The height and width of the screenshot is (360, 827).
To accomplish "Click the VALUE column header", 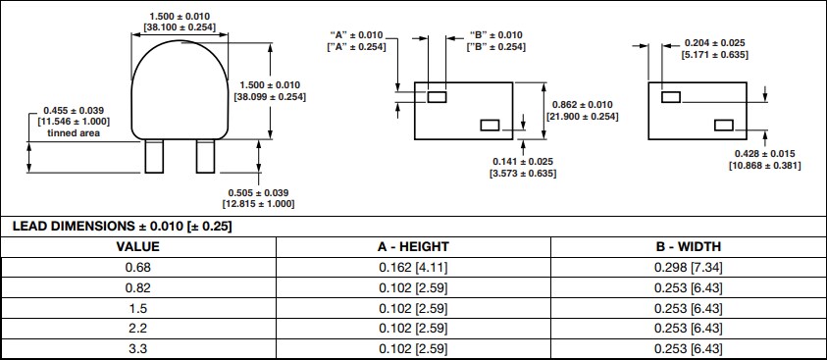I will (x=137, y=246).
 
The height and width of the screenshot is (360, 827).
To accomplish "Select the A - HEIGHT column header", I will (x=412, y=246).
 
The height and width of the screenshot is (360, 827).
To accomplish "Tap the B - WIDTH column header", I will (x=688, y=246).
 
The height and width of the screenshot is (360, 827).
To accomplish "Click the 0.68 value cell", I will (x=137, y=267).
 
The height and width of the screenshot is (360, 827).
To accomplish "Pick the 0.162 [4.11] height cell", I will (x=412, y=267).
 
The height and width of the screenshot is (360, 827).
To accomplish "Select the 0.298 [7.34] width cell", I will (x=688, y=267).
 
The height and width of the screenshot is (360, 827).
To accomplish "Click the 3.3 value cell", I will (x=137, y=349).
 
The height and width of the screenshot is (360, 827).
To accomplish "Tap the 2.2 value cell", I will (x=137, y=329).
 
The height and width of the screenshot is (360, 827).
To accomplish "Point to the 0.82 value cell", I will (x=137, y=287).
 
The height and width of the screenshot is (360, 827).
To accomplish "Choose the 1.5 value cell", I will (x=137, y=308).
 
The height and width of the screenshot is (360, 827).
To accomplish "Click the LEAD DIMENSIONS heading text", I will (x=122, y=227).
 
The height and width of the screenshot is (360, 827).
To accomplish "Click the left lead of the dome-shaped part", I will (x=154, y=156).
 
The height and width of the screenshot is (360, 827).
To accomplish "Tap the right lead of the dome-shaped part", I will (x=205, y=156).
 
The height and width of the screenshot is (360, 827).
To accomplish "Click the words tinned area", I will (x=73, y=132).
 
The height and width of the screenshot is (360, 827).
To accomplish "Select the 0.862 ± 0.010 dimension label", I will (x=582, y=105).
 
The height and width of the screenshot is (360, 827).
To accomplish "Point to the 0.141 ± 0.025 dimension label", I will (x=523, y=161).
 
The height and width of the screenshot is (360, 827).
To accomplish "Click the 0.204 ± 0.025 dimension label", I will (x=714, y=42).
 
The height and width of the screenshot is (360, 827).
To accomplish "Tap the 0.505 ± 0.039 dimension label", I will (x=258, y=192).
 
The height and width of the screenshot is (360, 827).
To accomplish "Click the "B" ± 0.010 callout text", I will (x=494, y=35).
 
